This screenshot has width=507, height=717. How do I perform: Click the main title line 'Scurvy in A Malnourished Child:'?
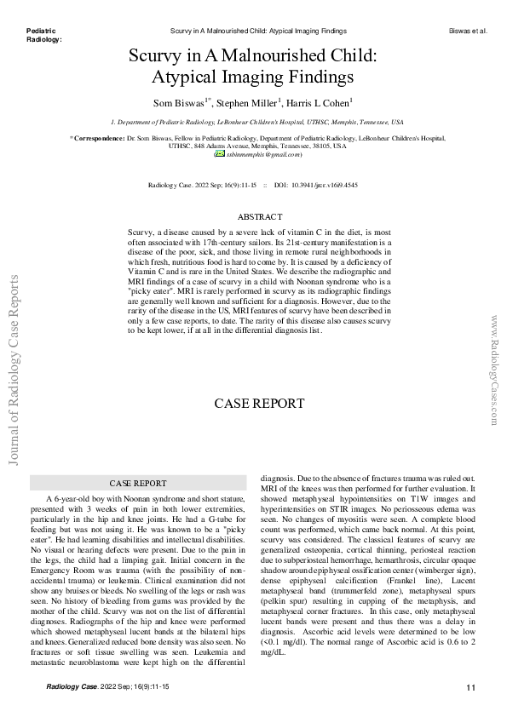(252, 58)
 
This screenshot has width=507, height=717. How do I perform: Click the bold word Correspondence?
(99, 137)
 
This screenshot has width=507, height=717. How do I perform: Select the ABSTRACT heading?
(253, 218)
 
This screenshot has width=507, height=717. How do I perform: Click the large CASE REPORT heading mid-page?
(253, 403)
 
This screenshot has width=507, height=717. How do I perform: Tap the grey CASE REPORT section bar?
(138, 482)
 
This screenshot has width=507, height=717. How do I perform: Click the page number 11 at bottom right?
(471, 686)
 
